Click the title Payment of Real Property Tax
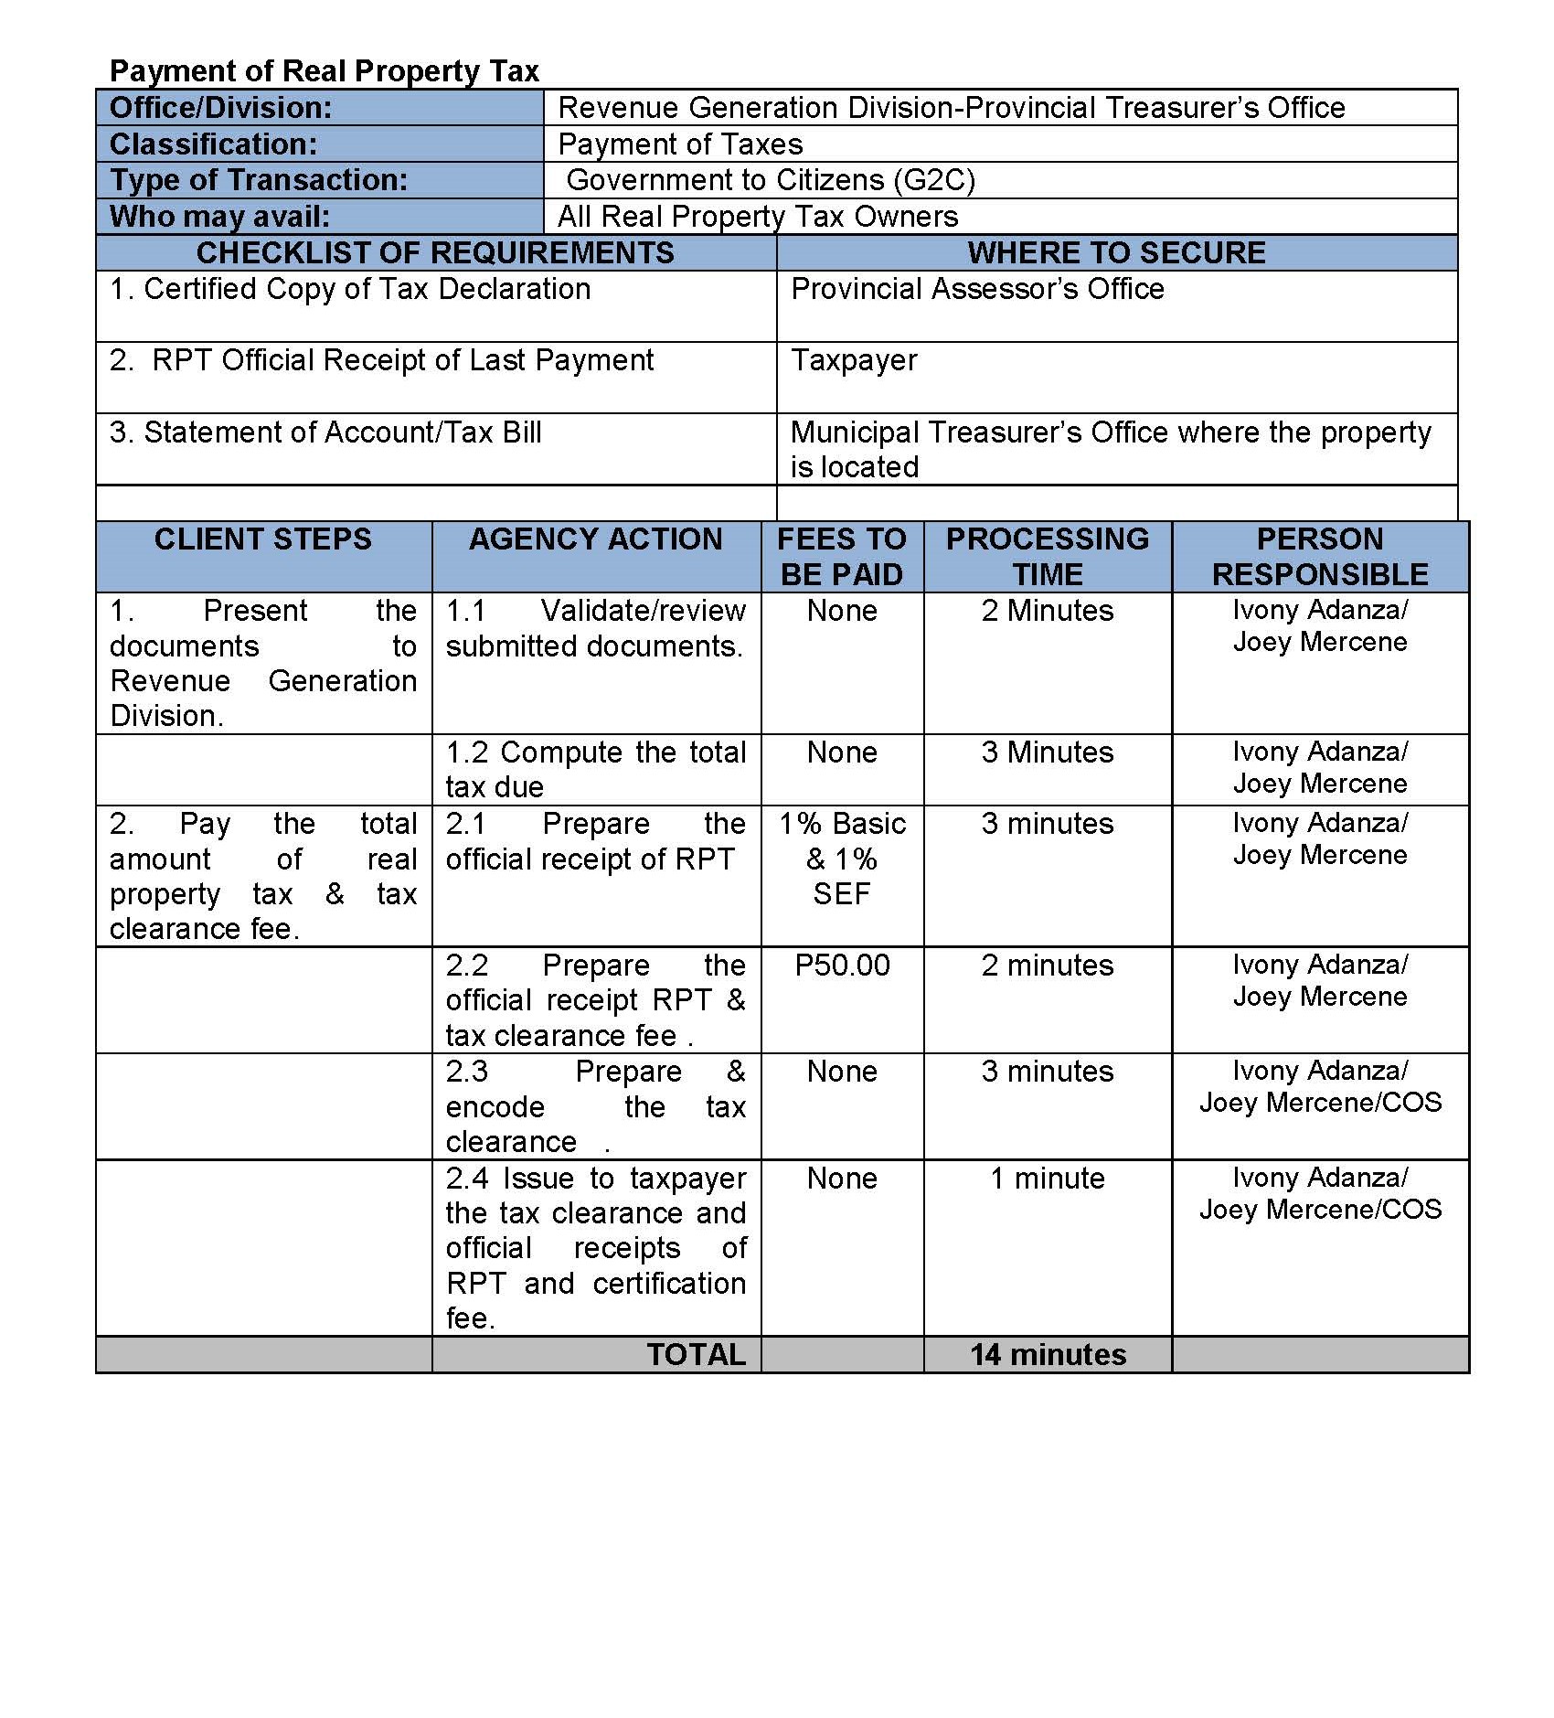click(x=325, y=71)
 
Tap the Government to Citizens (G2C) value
click(x=771, y=180)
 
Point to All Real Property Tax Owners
click(x=758, y=217)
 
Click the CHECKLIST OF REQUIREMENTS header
click(x=435, y=252)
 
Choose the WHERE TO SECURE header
click(x=1116, y=252)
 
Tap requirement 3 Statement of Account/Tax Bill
click(x=325, y=432)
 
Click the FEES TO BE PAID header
click(x=842, y=556)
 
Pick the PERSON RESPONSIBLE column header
click(x=1320, y=556)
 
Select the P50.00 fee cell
click(x=842, y=966)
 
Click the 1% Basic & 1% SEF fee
click(x=842, y=859)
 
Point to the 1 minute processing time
click(x=1048, y=1179)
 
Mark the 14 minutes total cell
click(x=1048, y=1354)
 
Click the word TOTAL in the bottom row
click(x=696, y=1354)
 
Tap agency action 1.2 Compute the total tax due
click(x=596, y=769)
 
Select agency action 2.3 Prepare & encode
click(x=596, y=1106)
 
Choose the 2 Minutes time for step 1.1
click(x=1048, y=611)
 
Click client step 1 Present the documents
click(x=263, y=663)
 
